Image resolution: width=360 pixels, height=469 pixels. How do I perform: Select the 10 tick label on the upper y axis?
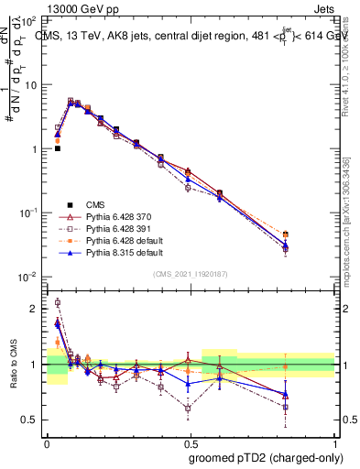(x=32, y=84)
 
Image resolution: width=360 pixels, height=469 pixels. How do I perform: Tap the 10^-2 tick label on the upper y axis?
(x=29, y=277)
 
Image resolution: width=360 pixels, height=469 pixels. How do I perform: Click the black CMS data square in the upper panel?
(x=58, y=148)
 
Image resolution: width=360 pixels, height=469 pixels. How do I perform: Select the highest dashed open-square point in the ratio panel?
(x=58, y=302)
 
